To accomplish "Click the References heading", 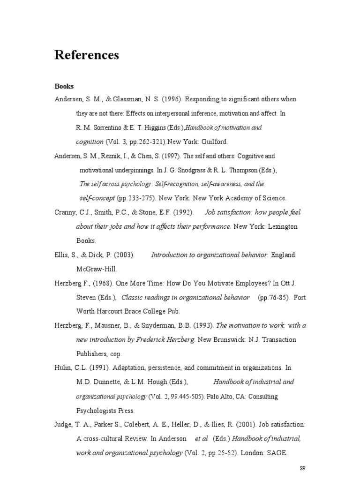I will coord(87,55).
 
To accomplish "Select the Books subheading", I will coord(64,86).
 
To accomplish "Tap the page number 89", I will coord(302,468).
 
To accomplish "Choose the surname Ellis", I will coord(63,255).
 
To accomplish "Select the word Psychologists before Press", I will coord(99,411).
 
